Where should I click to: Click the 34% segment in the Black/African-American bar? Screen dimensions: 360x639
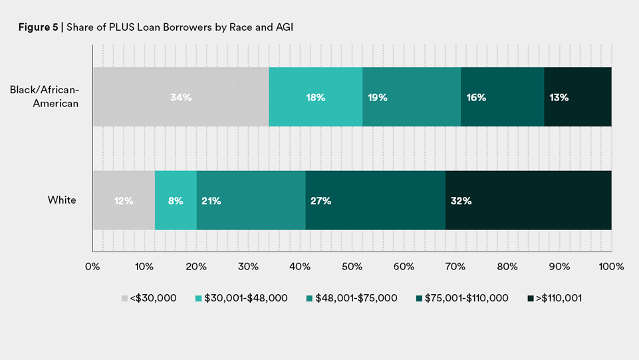(180, 97)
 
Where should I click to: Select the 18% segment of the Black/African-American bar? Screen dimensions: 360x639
(315, 97)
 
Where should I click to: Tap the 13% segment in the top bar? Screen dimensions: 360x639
(577, 97)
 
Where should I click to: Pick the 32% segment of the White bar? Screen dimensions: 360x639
(528, 200)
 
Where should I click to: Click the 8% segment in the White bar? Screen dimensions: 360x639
(176, 200)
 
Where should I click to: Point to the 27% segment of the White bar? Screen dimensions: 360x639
(375, 200)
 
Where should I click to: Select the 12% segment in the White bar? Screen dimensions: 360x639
(124, 200)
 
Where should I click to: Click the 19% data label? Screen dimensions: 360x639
(378, 97)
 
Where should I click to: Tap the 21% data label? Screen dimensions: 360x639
(211, 200)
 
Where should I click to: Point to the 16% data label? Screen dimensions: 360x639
(476, 97)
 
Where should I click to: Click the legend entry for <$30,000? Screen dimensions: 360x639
(149, 298)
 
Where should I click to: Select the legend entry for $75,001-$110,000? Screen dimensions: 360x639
(464, 298)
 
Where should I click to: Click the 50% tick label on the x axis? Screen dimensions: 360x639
(352, 267)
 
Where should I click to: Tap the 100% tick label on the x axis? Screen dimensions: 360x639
(611, 267)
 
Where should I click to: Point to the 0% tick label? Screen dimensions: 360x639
(92, 267)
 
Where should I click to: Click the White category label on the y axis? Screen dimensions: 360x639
(62, 200)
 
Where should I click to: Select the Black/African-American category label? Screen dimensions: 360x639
(45, 96)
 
